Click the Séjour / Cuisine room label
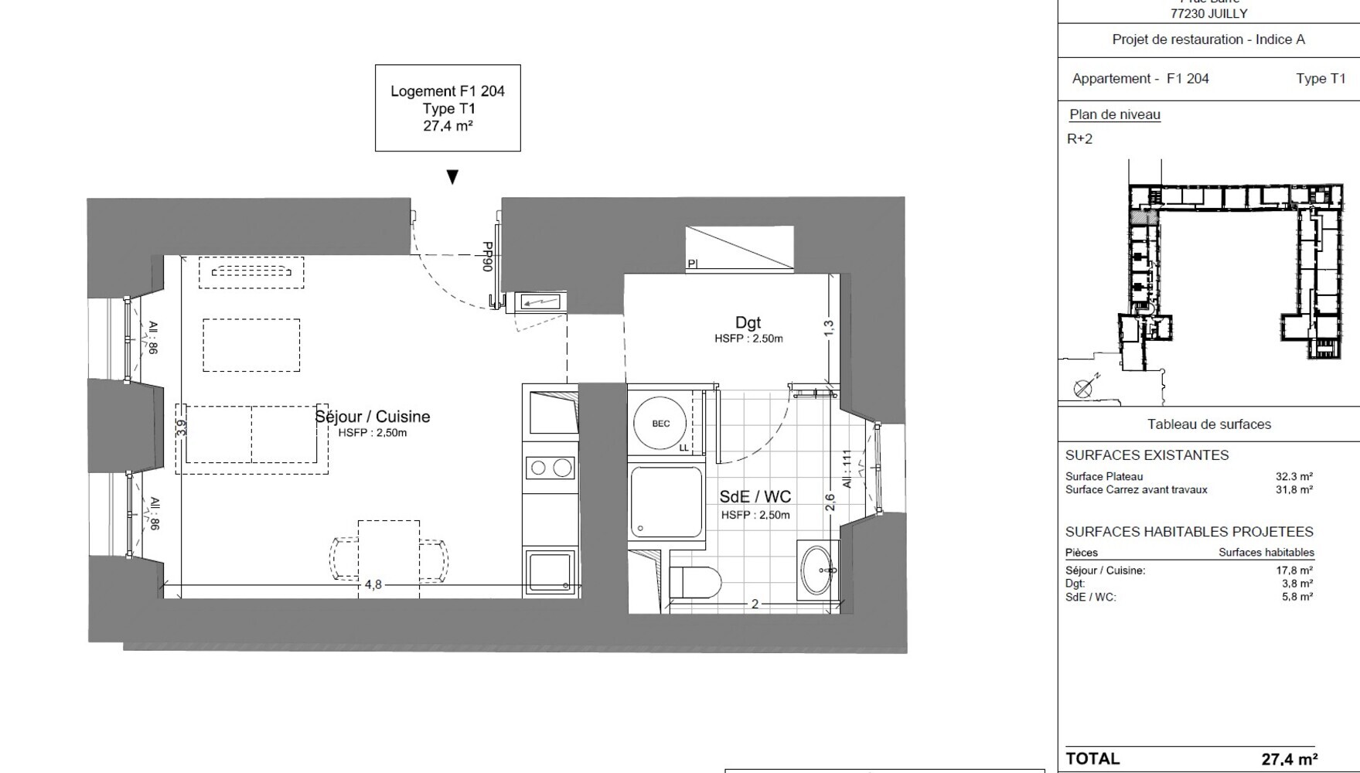point(372,417)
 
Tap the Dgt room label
point(748,322)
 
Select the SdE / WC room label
point(755,497)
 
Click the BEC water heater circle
point(660,424)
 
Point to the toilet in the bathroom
point(695,581)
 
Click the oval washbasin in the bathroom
point(817,570)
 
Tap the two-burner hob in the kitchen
point(550,468)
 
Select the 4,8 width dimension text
point(373,585)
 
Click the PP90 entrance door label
point(488,257)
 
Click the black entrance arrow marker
point(452,177)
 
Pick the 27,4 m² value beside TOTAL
point(1289,759)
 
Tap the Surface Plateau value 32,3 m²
point(1294,476)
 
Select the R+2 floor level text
point(1079,139)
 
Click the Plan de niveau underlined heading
point(1114,114)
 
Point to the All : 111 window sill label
point(847,469)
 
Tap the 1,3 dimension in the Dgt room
point(829,329)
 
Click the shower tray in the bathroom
point(666,501)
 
